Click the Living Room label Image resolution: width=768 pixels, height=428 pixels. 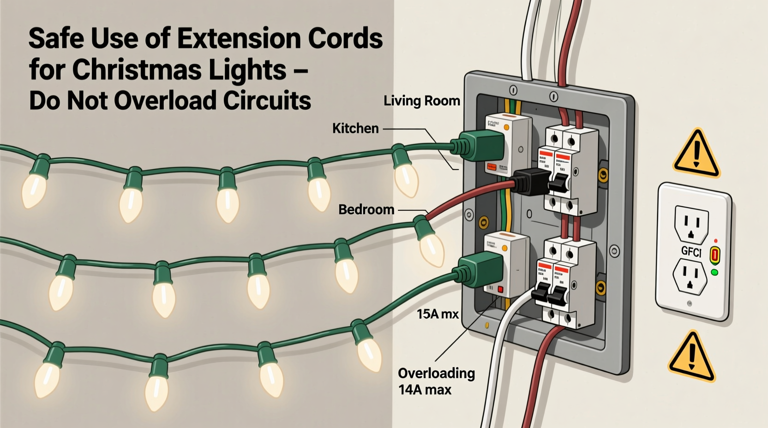(422, 101)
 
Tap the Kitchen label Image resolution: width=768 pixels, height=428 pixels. (355, 128)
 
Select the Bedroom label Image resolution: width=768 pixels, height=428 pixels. (366, 209)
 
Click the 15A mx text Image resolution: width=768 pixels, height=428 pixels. (438, 315)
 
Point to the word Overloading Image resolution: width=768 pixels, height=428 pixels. (436, 373)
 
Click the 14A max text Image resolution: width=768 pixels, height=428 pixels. (425, 390)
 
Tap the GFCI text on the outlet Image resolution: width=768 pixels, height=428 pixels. (691, 252)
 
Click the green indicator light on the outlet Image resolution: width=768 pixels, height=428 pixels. (715, 273)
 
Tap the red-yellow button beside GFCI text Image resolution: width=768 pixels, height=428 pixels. (714, 255)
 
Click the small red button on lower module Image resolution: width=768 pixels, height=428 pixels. (500, 289)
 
